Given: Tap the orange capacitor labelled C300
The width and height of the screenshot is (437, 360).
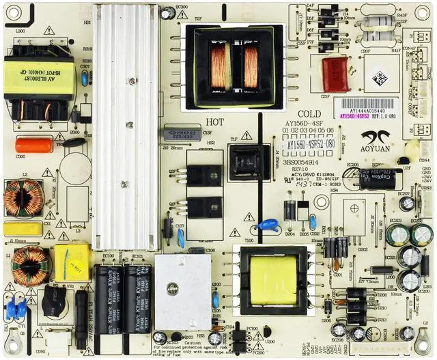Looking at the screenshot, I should pyautogui.click(x=29, y=145).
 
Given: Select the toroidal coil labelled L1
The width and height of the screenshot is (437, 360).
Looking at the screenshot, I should pyautogui.click(x=31, y=265).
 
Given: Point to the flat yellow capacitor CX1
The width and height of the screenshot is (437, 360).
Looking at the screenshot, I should pyautogui.click(x=23, y=229).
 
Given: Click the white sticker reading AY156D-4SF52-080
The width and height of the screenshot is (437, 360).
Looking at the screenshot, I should pyautogui.click(x=310, y=145).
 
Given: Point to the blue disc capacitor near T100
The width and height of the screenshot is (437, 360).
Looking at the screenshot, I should pyautogui.click(x=268, y=225).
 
